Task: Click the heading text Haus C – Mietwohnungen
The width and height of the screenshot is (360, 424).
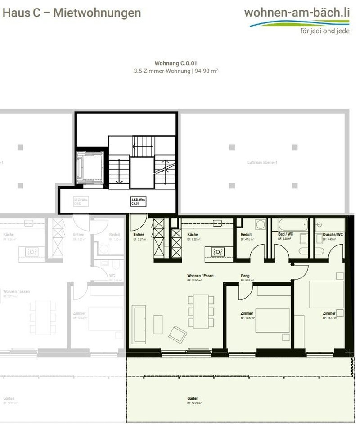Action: click(x=72, y=13)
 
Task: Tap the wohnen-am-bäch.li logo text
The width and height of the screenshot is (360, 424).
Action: click(x=297, y=12)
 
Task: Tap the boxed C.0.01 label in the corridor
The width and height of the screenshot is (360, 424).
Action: click(x=139, y=201)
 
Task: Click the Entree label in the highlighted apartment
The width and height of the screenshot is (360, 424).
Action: click(x=139, y=235)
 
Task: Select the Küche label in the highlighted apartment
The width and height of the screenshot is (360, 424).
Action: click(x=193, y=235)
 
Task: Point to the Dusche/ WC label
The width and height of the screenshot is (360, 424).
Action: click(x=333, y=235)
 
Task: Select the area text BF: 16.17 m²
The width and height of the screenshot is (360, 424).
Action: click(x=330, y=318)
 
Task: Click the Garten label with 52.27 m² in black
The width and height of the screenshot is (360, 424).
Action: click(x=193, y=398)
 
